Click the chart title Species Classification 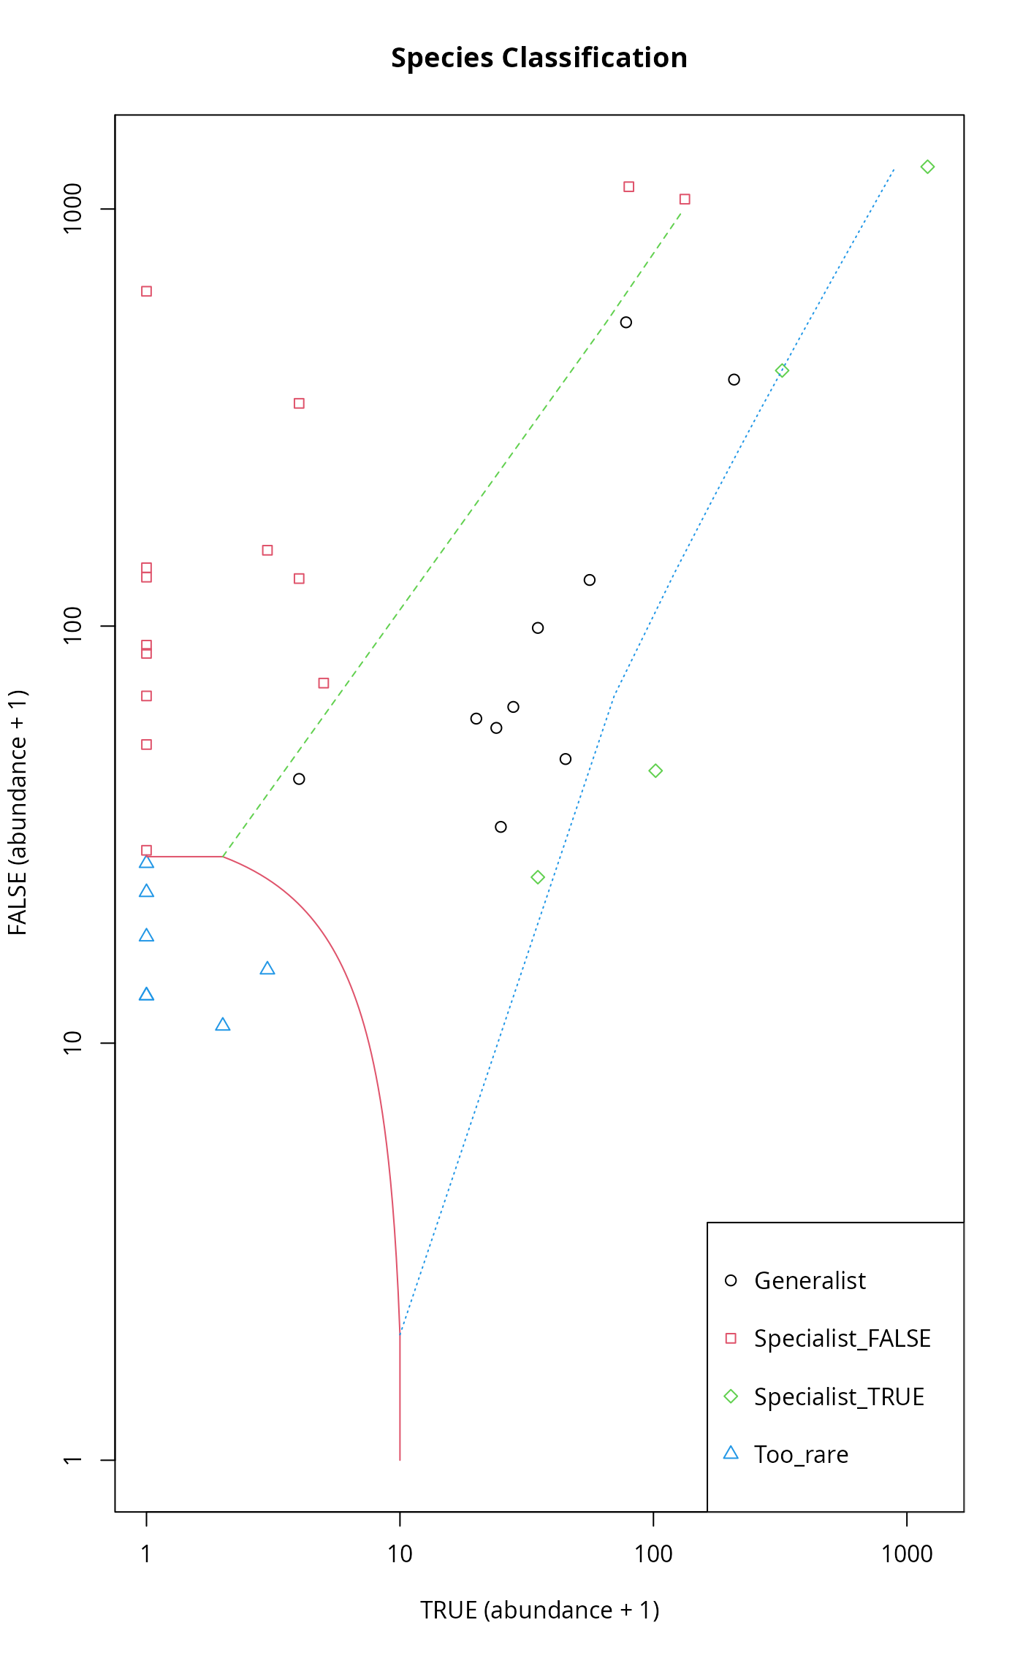(539, 58)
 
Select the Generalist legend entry (809, 1280)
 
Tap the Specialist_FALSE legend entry (842, 1338)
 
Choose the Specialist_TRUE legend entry (839, 1396)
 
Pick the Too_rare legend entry (801, 1454)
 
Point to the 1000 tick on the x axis (906, 1553)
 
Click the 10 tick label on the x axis (400, 1553)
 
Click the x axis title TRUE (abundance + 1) (539, 1610)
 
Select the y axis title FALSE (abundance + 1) (18, 812)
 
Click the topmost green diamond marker (927, 167)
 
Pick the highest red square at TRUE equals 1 (146, 291)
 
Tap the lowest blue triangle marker (223, 1025)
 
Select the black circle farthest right (734, 380)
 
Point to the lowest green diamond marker (538, 877)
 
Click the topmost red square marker (628, 187)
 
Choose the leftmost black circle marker (299, 779)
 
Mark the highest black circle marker (625, 323)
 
